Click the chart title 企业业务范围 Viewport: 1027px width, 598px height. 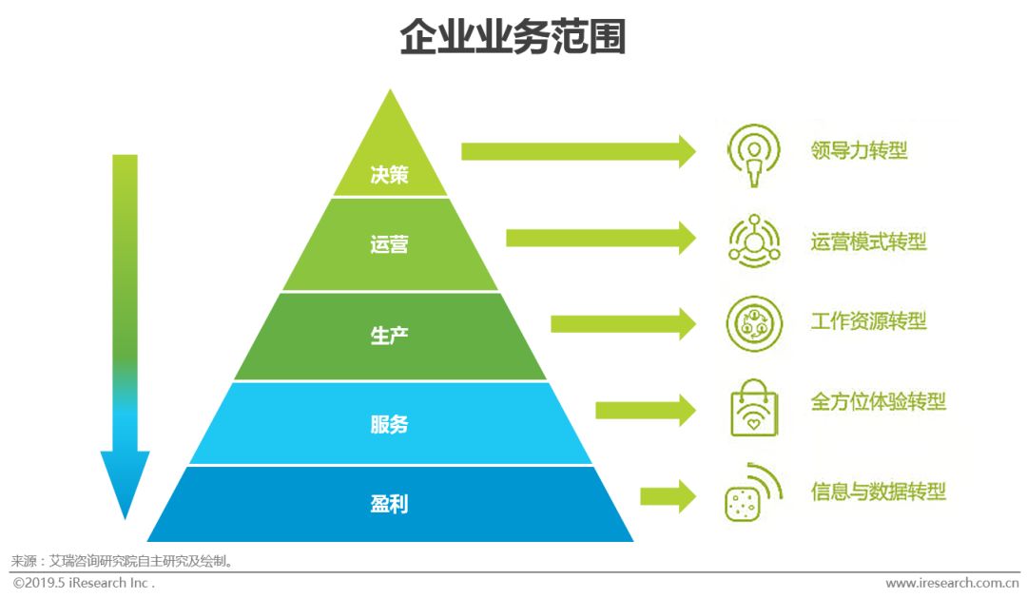(x=513, y=37)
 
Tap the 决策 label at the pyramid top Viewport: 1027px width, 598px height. (x=389, y=175)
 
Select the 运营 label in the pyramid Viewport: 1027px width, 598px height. (x=389, y=244)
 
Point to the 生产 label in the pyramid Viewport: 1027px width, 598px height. (x=389, y=336)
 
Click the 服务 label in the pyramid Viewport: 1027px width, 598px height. (x=389, y=424)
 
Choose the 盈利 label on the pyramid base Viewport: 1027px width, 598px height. (x=389, y=504)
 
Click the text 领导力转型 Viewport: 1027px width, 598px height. (x=859, y=150)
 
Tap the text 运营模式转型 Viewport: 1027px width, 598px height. (x=868, y=242)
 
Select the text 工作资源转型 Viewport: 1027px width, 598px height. (x=868, y=321)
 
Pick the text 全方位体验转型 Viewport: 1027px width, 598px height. (x=879, y=401)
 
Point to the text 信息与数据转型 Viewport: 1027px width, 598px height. (x=879, y=492)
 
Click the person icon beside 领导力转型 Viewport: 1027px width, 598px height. (x=754, y=155)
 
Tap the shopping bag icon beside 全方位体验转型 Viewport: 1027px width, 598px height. (x=754, y=408)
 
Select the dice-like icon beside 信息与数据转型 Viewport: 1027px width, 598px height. (x=742, y=504)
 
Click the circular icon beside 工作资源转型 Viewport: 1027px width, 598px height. (x=754, y=323)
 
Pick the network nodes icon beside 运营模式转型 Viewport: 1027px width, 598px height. (x=754, y=241)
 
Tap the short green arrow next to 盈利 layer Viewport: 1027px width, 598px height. (x=669, y=496)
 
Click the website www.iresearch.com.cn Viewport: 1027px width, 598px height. (x=952, y=583)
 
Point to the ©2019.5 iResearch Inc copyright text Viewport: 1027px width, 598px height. (x=84, y=583)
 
